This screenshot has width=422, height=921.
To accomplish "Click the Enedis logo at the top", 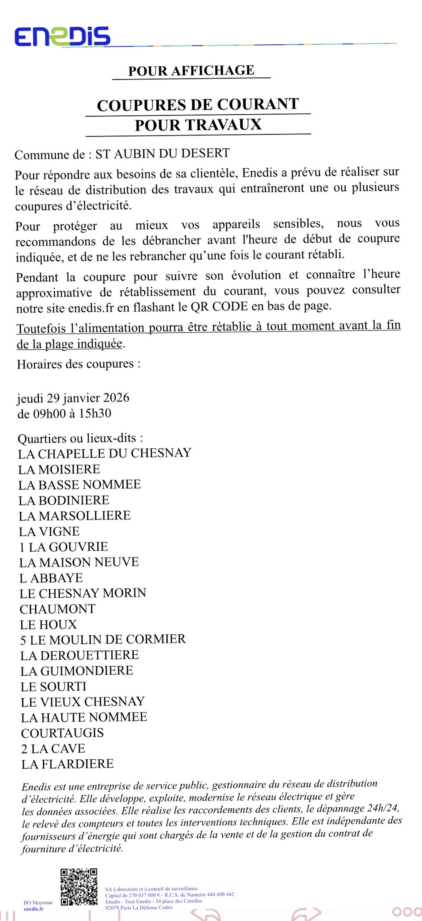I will point(63,37).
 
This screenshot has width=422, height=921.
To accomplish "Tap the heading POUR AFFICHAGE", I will point(191,71).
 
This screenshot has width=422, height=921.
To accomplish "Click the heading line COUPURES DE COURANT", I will point(198,105).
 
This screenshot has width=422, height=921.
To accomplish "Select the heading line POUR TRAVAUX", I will point(198,125).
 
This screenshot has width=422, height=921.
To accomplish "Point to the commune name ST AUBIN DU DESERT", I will point(163,154).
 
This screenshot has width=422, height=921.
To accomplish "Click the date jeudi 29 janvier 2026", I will point(73,398).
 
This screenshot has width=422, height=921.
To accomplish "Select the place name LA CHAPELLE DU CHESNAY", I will point(104,453).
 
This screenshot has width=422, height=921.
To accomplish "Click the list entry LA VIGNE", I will point(49,532).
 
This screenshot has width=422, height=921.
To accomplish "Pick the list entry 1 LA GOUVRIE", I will point(64,547).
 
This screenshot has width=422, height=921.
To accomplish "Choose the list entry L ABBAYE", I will point(51,578).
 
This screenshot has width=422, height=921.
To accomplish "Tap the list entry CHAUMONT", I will point(58,609).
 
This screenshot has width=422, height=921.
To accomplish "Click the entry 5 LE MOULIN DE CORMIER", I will point(103,640).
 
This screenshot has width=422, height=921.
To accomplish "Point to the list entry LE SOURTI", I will point(53,687).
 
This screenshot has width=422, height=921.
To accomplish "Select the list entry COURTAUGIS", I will point(62,733).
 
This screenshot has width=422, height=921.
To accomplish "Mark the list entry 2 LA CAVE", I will point(53,748).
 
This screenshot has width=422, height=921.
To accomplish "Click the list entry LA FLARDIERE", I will point(67,764).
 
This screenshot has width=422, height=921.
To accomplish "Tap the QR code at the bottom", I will point(79,887).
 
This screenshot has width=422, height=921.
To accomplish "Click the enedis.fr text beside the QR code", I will point(33,908).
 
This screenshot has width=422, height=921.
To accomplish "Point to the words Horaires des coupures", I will point(79,364).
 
